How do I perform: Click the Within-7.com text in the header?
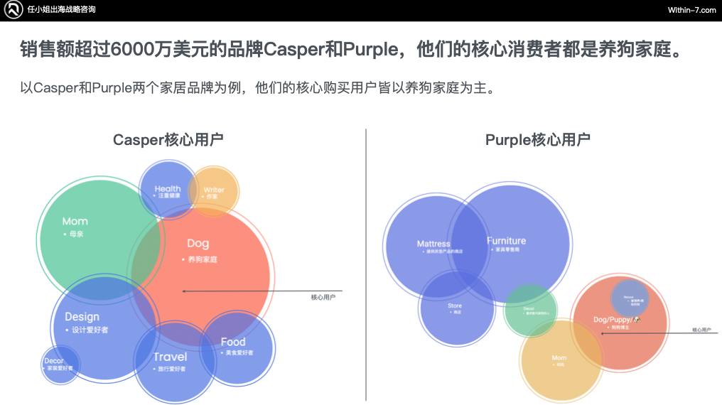click(691, 10)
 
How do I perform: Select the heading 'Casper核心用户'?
click(168, 140)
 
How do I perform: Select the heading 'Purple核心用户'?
click(537, 140)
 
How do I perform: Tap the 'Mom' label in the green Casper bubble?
click(75, 222)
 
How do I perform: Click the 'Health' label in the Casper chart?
click(168, 189)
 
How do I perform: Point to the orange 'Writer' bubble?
click(214, 190)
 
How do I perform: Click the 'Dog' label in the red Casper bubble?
click(198, 244)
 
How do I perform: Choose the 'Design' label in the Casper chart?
click(82, 317)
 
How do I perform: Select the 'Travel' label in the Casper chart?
click(171, 357)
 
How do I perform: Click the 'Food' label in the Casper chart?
click(233, 342)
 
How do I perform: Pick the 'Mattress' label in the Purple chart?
click(433, 244)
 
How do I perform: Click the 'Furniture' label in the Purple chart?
click(506, 242)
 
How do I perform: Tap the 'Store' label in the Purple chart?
click(455, 306)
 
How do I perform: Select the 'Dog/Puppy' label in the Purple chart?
click(613, 320)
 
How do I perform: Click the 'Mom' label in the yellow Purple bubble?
click(559, 358)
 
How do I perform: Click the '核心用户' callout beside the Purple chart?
click(701, 330)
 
